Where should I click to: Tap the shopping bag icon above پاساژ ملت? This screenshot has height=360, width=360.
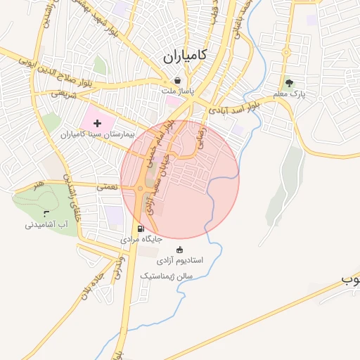[x=176, y=80]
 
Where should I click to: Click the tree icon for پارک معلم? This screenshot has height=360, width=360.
[x=289, y=83]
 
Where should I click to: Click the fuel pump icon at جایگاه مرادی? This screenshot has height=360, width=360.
[x=141, y=229]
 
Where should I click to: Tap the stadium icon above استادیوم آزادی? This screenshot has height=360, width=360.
[x=179, y=249]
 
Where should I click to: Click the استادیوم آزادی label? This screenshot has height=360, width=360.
[x=181, y=260]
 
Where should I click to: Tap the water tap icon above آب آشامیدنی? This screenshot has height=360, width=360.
[x=46, y=213]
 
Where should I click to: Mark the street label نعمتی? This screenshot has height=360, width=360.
[x=106, y=187]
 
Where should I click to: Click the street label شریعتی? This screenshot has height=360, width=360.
[x=63, y=94]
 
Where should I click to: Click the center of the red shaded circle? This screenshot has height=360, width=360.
[x=180, y=180]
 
